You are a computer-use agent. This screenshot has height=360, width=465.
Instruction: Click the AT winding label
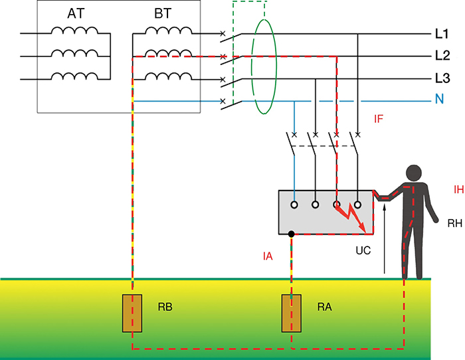tap(76, 14)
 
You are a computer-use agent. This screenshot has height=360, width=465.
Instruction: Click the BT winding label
tap(163, 14)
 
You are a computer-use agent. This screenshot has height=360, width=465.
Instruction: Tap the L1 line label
tap(442, 34)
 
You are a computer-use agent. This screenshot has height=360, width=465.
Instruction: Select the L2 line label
tap(442, 55)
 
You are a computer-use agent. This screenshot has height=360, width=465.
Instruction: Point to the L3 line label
tap(442, 78)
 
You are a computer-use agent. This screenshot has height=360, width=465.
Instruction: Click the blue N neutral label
tap(440, 99)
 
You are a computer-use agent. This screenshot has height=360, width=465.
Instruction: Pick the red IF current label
tap(379, 119)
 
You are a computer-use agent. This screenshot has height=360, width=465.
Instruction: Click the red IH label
tap(459, 189)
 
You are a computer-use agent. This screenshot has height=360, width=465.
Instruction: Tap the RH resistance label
tap(455, 223)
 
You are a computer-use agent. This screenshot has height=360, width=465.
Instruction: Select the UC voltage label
tap(363, 250)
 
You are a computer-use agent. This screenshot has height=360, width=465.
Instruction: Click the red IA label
tap(268, 256)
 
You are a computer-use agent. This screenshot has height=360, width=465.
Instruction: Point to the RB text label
tap(165, 307)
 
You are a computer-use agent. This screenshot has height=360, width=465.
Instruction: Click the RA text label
tap(325, 307)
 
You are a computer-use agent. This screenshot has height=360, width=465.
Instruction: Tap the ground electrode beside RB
tap(132, 313)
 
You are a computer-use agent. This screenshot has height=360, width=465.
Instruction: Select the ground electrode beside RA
tap(292, 313)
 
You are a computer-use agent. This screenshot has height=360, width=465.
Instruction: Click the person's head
tap(414, 173)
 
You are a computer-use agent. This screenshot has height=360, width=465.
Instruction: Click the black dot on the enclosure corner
tap(292, 234)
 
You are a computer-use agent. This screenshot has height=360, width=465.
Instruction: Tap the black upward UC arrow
tap(385, 239)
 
